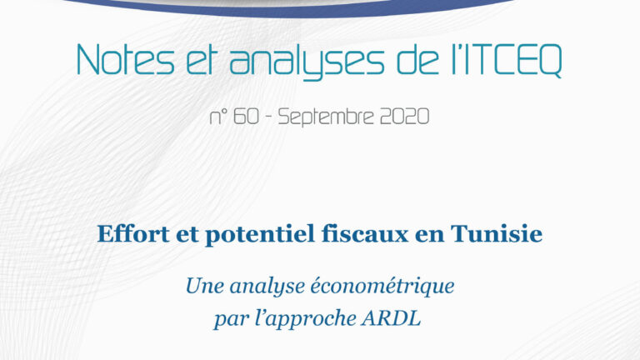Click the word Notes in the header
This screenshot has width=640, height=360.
pos(126,60)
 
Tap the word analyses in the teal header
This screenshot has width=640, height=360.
pos(307,61)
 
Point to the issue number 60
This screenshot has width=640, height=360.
pos(247,117)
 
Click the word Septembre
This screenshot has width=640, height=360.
pos(326,117)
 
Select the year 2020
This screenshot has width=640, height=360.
pos(404,117)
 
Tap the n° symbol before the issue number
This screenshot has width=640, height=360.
pos(218,117)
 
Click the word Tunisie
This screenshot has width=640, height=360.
pos(497,234)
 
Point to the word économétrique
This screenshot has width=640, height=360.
pos(382,287)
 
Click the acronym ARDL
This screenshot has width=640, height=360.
pos(391,318)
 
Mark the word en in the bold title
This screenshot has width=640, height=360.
pos(429,237)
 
